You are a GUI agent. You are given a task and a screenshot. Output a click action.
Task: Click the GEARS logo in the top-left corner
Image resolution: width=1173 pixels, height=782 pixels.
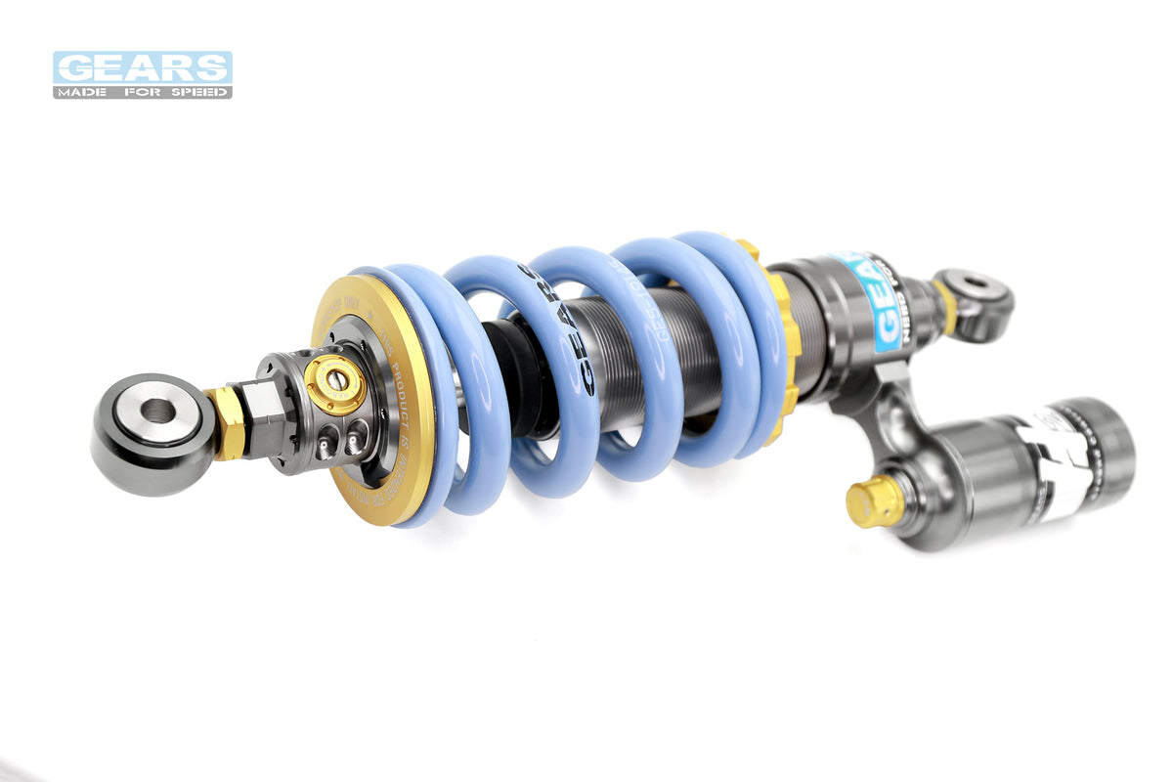[142, 67]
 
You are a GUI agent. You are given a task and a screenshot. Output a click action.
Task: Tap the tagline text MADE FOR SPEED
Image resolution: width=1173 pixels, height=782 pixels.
[142, 93]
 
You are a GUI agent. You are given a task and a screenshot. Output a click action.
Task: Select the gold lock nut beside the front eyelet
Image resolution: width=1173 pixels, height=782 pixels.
[227, 421]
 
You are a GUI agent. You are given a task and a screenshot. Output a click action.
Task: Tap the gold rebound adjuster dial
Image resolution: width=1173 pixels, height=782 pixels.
[333, 383]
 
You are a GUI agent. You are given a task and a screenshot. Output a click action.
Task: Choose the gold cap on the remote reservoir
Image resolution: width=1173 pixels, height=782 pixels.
[872, 500]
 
